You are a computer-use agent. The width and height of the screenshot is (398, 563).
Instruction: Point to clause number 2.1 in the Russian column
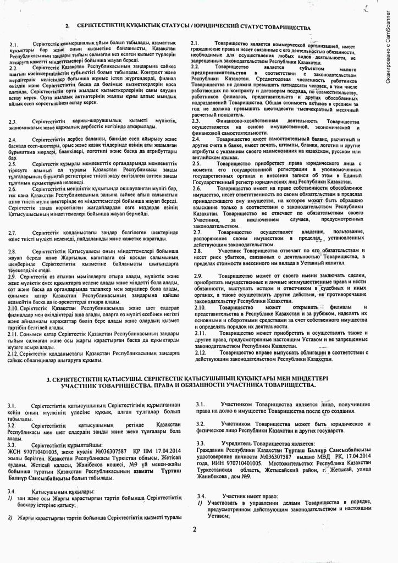(194, 43)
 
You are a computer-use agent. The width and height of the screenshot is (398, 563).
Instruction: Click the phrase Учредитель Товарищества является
(250, 443)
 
